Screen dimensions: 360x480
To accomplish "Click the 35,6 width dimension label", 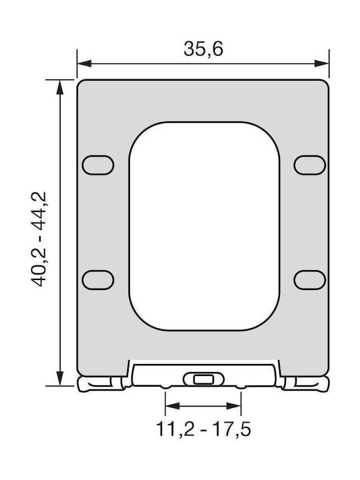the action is [203, 49].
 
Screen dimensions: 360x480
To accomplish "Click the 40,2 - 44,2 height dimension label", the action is [39, 239].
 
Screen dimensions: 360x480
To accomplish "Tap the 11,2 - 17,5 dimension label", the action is [203, 429].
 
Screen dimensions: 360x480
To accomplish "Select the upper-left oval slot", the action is [98, 165].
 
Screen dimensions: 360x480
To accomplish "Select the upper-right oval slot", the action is [309, 165].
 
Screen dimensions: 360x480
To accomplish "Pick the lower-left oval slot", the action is [98, 280].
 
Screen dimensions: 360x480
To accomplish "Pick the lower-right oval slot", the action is [309, 280].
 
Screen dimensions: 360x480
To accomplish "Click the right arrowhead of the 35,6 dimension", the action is [322, 63].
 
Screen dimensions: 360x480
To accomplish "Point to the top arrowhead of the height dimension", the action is [60, 87].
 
